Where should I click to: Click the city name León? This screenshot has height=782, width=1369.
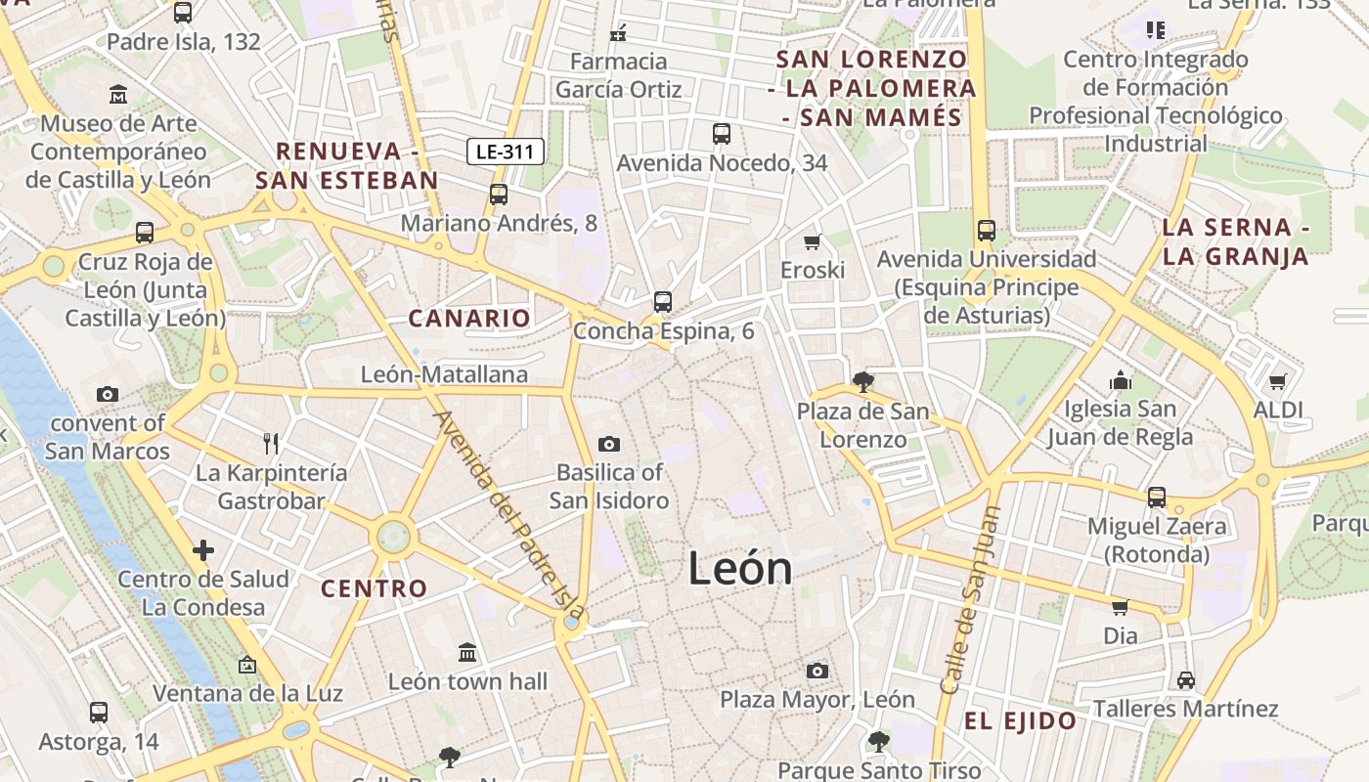[x=740, y=569]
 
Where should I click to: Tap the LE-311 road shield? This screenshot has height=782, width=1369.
[x=505, y=152]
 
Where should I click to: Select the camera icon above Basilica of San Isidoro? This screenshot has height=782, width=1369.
[x=608, y=445]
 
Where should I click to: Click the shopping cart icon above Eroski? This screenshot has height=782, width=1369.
[x=812, y=241]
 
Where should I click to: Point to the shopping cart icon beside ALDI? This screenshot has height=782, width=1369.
[x=1277, y=381]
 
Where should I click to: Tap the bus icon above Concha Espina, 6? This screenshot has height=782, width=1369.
[x=663, y=301]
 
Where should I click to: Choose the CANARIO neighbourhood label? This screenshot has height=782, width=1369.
[x=469, y=318]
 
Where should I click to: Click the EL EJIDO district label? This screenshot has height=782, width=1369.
[x=1021, y=721]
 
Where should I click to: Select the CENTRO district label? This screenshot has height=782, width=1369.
[x=375, y=588]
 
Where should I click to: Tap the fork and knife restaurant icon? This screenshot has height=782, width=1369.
[x=271, y=444]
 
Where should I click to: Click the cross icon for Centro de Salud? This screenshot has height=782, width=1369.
[x=202, y=550]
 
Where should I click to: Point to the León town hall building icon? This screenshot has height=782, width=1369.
[x=467, y=652]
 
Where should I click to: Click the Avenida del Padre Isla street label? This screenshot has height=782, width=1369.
[x=509, y=513]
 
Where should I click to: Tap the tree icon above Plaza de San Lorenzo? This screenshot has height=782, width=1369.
[x=862, y=381]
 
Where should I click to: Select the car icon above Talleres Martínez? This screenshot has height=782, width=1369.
[x=1185, y=679]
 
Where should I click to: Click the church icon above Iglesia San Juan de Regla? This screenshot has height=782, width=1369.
[x=1121, y=379]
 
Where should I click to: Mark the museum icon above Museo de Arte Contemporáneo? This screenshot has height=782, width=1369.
[x=118, y=95]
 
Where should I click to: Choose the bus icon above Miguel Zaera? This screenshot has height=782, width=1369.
[x=1157, y=497]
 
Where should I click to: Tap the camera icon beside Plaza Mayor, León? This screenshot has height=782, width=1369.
[x=817, y=671]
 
